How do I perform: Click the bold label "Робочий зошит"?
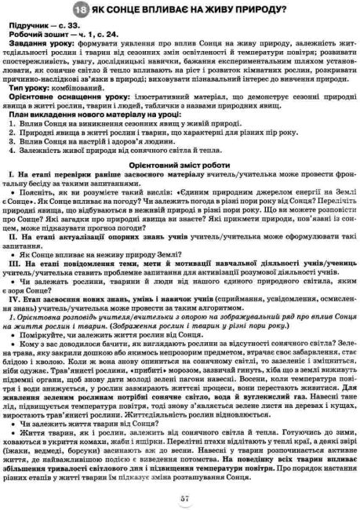51,37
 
